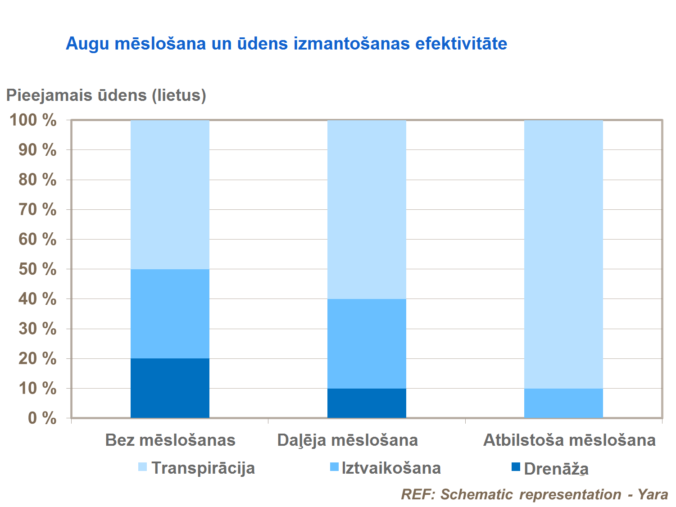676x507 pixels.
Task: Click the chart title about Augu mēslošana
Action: click(286, 44)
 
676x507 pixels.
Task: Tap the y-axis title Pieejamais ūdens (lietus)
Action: click(106, 95)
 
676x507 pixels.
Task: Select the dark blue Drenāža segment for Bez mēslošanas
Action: click(170, 388)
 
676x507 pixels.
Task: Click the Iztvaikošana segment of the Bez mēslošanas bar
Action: click(170, 314)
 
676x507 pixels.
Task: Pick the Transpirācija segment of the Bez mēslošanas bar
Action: click(170, 195)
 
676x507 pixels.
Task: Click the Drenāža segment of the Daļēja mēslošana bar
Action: click(367, 403)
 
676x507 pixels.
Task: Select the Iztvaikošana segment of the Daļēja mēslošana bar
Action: click(367, 344)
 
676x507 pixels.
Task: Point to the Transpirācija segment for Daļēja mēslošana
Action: click(367, 209)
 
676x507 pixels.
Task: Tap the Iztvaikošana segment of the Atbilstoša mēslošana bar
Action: click(563, 403)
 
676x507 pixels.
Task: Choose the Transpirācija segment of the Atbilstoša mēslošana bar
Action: click(563, 254)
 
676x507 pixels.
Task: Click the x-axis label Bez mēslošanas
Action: click(170, 440)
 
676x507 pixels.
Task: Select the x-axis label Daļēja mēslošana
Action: click(348, 440)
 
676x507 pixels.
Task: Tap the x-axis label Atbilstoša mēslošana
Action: click(569, 440)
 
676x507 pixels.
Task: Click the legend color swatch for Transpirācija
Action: click(142, 467)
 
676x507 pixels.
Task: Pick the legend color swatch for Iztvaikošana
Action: click(334, 467)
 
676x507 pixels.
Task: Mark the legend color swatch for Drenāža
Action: click(516, 467)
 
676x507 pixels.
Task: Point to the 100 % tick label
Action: click(33, 120)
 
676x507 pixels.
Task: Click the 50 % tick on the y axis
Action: click(37, 269)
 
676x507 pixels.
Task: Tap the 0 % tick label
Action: click(42, 418)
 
